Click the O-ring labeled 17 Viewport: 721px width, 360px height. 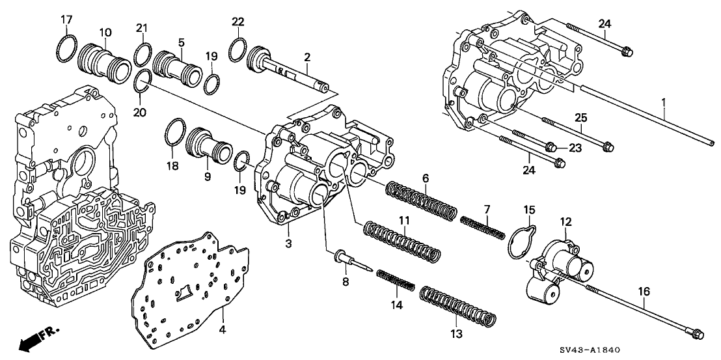point(66,49)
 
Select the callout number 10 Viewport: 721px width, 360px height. point(105,32)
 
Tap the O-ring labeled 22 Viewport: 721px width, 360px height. point(238,48)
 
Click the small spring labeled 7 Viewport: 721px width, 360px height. point(482,227)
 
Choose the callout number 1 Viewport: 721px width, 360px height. point(664,102)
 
